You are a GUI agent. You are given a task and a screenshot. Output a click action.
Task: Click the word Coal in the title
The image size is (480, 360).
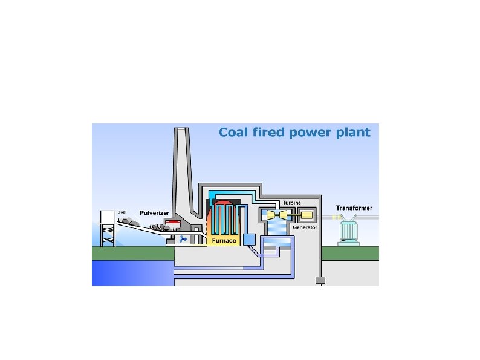(x=233, y=132)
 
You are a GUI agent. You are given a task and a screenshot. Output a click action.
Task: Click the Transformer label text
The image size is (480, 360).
(x=354, y=208)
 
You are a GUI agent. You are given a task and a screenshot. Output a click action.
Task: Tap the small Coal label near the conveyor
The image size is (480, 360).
(x=122, y=212)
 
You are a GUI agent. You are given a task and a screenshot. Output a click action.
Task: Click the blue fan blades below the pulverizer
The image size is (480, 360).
(x=182, y=239)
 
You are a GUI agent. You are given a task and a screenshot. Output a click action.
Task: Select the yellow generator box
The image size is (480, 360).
(x=306, y=215)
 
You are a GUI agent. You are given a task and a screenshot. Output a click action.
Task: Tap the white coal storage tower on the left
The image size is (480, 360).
(x=108, y=227)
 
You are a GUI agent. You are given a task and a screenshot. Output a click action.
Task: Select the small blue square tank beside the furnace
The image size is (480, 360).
(x=250, y=239)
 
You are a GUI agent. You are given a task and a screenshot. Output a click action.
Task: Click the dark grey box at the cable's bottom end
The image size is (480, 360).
(x=321, y=280)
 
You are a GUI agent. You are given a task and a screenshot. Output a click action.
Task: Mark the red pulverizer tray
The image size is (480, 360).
(x=174, y=224)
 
